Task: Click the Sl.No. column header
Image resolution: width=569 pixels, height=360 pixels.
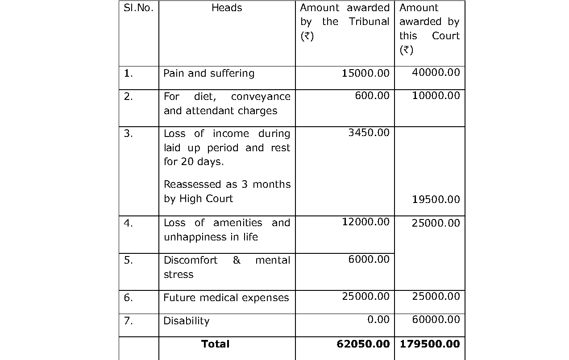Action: [138, 8]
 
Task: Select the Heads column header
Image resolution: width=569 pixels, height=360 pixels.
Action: [227, 8]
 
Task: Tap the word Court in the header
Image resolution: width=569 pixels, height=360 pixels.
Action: [445, 36]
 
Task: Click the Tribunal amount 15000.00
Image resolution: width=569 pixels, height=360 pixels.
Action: [365, 73]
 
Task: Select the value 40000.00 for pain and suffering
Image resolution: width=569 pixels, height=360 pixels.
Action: [436, 72]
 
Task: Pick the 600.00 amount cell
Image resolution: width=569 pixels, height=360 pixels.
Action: [372, 96]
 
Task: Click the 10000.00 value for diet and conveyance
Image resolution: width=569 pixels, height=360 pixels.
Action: [436, 96]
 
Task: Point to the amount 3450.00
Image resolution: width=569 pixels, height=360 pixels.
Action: [369, 133]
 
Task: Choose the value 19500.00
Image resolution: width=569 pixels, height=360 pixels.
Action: [436, 199]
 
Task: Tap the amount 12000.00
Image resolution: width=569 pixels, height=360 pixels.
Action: [365, 222]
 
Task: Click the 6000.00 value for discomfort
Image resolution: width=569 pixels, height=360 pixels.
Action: [369, 259]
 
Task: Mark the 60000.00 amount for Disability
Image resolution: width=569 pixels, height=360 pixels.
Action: [436, 319]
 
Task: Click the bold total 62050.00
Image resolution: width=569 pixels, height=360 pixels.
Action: [363, 344]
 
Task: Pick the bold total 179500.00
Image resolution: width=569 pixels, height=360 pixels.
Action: [430, 344]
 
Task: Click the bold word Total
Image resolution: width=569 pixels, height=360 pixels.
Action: [216, 344]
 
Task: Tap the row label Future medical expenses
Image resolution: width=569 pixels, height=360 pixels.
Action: [226, 298]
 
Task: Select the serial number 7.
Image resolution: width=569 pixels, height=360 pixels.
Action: [128, 321]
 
